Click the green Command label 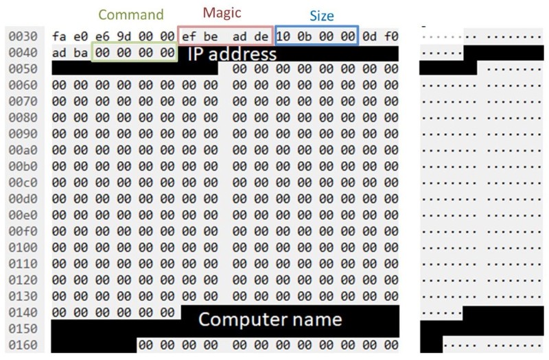click(x=132, y=14)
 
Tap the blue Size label click(x=321, y=16)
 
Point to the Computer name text click(x=270, y=319)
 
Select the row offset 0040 click(x=22, y=53)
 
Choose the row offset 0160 click(x=22, y=345)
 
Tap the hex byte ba click(x=81, y=53)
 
